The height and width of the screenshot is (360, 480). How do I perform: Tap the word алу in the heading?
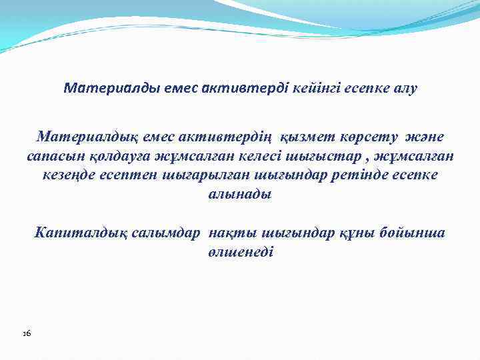401,89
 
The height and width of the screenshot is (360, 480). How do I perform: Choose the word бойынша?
412,233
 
